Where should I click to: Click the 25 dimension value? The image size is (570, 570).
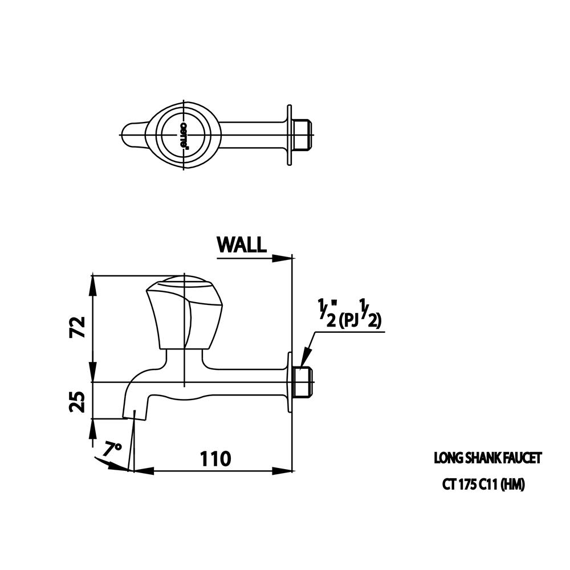[78, 401]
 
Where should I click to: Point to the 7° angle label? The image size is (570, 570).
[112, 449]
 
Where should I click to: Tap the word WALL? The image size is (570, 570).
[241, 245]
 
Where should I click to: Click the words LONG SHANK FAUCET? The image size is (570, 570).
[487, 458]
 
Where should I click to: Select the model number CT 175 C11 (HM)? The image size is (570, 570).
[483, 484]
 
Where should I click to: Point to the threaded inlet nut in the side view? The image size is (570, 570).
[302, 382]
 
